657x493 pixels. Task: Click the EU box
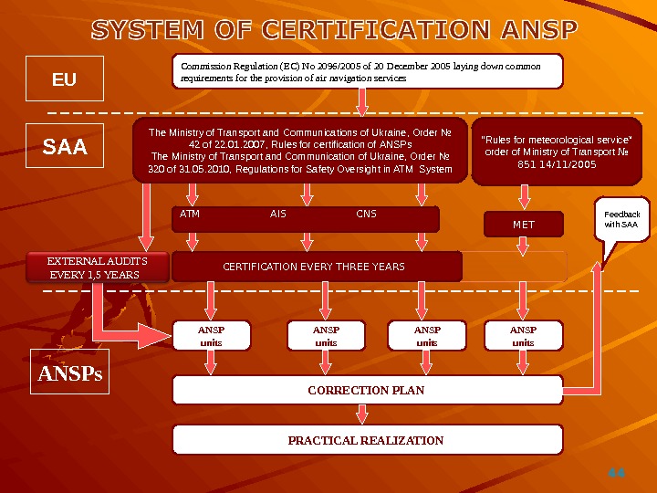click(x=65, y=79)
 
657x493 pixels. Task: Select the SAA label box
click(x=66, y=146)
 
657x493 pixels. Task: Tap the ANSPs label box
click(x=69, y=372)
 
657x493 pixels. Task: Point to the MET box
click(x=524, y=224)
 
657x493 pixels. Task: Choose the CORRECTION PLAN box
click(x=367, y=390)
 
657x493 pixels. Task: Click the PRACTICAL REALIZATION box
click(x=367, y=440)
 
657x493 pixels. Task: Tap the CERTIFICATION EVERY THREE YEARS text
click(x=314, y=267)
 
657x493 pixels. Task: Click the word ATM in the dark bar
click(x=190, y=215)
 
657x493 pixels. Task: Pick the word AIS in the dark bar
click(x=278, y=215)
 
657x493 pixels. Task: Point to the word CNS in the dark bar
click(x=366, y=215)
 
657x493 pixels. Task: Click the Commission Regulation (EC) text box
click(x=367, y=72)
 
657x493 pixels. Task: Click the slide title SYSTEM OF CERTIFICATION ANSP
click(x=334, y=31)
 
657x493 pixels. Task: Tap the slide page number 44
click(x=617, y=473)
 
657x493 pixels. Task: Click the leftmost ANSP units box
click(x=211, y=335)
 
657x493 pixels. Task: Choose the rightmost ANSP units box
click(x=523, y=335)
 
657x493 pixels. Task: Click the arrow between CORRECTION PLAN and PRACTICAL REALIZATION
click(x=362, y=414)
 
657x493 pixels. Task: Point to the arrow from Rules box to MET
click(x=525, y=197)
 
